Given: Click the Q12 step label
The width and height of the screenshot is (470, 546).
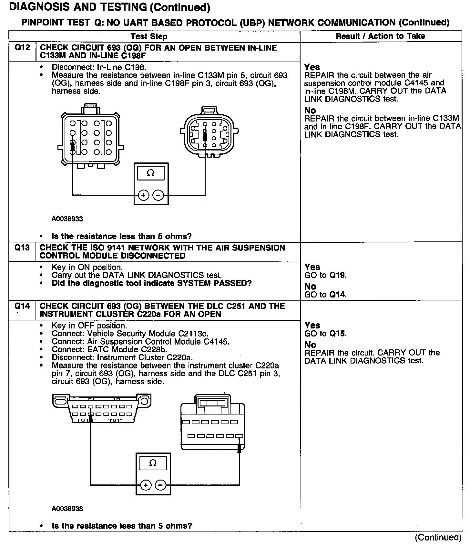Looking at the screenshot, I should pyautogui.click(x=22, y=48).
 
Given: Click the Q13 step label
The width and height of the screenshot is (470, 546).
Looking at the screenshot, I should pyautogui.click(x=22, y=248).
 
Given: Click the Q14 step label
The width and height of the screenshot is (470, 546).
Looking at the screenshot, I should pyautogui.click(x=22, y=306).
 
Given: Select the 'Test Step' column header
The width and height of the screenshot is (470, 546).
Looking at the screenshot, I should pyautogui.click(x=149, y=36).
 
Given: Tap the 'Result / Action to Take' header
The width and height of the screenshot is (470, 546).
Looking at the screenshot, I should pyautogui.click(x=380, y=36).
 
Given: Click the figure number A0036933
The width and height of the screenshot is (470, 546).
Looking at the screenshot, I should pyautogui.click(x=67, y=219).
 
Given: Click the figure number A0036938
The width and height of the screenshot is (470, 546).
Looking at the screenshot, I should pyautogui.click(x=67, y=509).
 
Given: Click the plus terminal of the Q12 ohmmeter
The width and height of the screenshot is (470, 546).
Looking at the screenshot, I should pyautogui.click(x=143, y=195).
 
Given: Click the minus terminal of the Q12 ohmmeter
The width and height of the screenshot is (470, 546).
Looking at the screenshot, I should pyautogui.click(x=158, y=195).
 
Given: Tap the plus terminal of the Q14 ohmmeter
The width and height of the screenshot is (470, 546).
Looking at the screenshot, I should pyautogui.click(x=146, y=485).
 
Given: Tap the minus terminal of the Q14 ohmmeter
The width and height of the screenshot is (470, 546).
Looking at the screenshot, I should pyautogui.click(x=160, y=485).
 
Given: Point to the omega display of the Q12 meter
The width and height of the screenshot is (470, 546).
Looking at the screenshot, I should pyautogui.click(x=151, y=173).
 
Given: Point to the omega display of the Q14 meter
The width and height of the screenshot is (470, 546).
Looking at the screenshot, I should pyautogui.click(x=153, y=463).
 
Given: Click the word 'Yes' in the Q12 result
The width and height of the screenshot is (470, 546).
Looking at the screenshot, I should pyautogui.click(x=312, y=67).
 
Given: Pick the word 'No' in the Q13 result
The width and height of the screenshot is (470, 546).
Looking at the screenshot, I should pyautogui.click(x=310, y=286).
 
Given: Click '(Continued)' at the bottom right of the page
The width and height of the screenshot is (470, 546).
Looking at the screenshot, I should pyautogui.click(x=438, y=538).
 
